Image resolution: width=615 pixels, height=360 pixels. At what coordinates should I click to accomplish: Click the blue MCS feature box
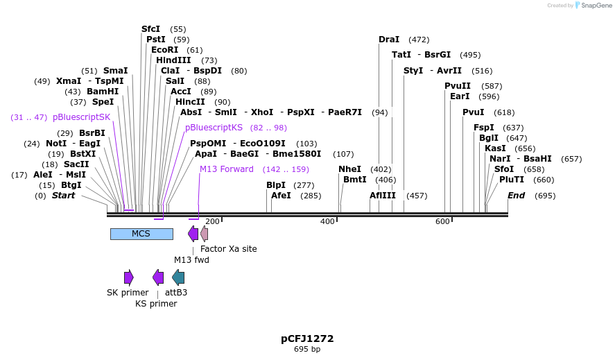[x=141, y=234]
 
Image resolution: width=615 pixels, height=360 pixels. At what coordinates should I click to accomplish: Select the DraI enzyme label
[x=389, y=40]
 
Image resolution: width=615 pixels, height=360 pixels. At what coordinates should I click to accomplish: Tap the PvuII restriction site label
[x=458, y=86]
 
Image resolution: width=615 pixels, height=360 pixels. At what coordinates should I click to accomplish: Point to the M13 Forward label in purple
[x=227, y=169]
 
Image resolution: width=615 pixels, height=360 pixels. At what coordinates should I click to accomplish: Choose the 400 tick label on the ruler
[x=327, y=221]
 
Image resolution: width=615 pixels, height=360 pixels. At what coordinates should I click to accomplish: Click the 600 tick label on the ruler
[x=442, y=221]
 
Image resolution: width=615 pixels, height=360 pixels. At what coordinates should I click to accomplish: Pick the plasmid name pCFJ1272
[x=307, y=338]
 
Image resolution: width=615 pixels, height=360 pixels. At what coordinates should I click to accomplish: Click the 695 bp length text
[x=307, y=349]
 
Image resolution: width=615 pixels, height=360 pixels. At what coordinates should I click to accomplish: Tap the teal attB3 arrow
[x=178, y=277]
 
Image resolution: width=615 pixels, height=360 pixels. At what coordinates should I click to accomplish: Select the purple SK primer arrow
[x=128, y=277]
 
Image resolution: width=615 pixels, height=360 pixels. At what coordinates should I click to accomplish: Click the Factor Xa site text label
[x=228, y=248]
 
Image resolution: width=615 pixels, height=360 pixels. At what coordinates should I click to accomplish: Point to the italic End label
[x=516, y=196]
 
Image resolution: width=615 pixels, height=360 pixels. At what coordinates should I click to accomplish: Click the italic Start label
[x=63, y=196]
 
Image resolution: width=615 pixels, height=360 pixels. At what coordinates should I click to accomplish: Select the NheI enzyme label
[x=349, y=169]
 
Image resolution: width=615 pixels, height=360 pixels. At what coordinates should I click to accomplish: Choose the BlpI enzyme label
[x=276, y=185]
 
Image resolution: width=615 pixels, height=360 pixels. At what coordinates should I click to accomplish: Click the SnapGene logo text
[x=596, y=6]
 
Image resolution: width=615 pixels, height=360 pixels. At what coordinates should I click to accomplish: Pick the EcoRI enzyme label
[x=164, y=50]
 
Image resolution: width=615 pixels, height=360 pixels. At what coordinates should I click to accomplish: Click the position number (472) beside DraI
[x=419, y=40]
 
